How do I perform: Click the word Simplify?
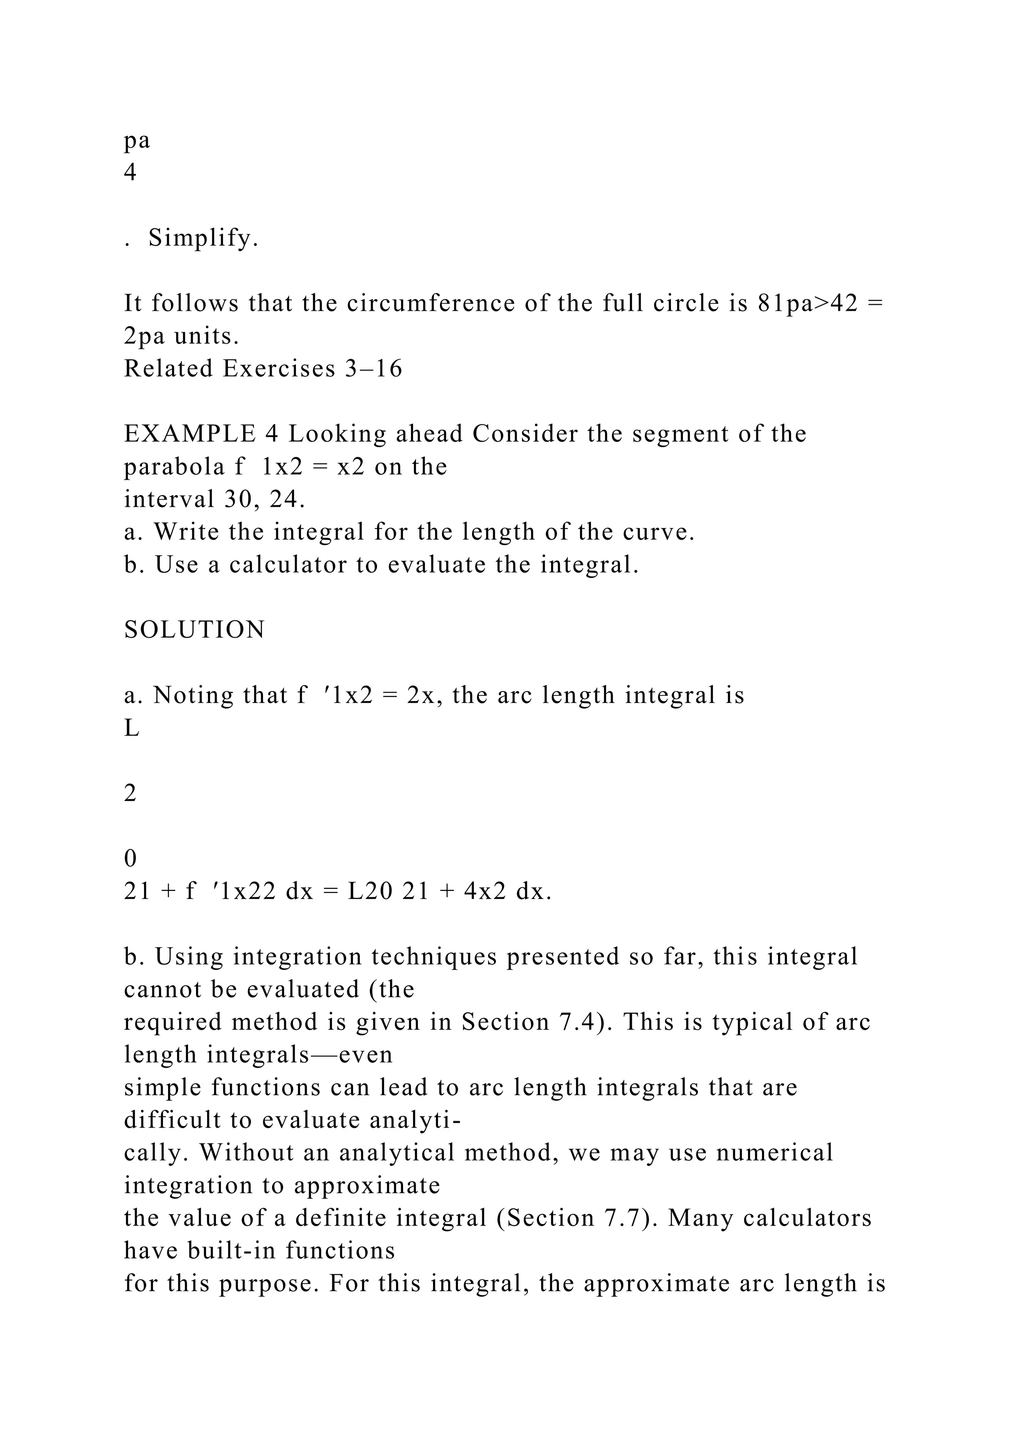tap(203, 239)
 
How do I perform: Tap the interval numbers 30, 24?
tap(264, 500)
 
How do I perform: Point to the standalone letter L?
tap(131, 728)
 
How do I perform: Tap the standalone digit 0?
tap(130, 858)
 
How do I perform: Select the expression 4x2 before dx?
tap(485, 892)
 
